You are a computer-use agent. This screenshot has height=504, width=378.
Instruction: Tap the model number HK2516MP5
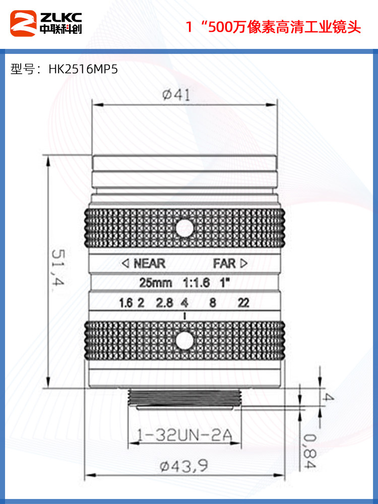tap(83, 69)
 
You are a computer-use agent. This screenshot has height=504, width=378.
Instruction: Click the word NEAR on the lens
tap(149, 263)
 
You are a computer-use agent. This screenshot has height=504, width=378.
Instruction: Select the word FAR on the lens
tap(224, 263)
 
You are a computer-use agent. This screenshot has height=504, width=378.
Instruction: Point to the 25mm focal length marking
tap(156, 283)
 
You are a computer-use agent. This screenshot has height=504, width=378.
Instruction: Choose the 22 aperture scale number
tap(244, 303)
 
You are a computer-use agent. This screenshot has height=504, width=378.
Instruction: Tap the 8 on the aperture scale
tap(213, 303)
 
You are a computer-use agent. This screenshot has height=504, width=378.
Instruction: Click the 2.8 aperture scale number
tap(164, 303)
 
